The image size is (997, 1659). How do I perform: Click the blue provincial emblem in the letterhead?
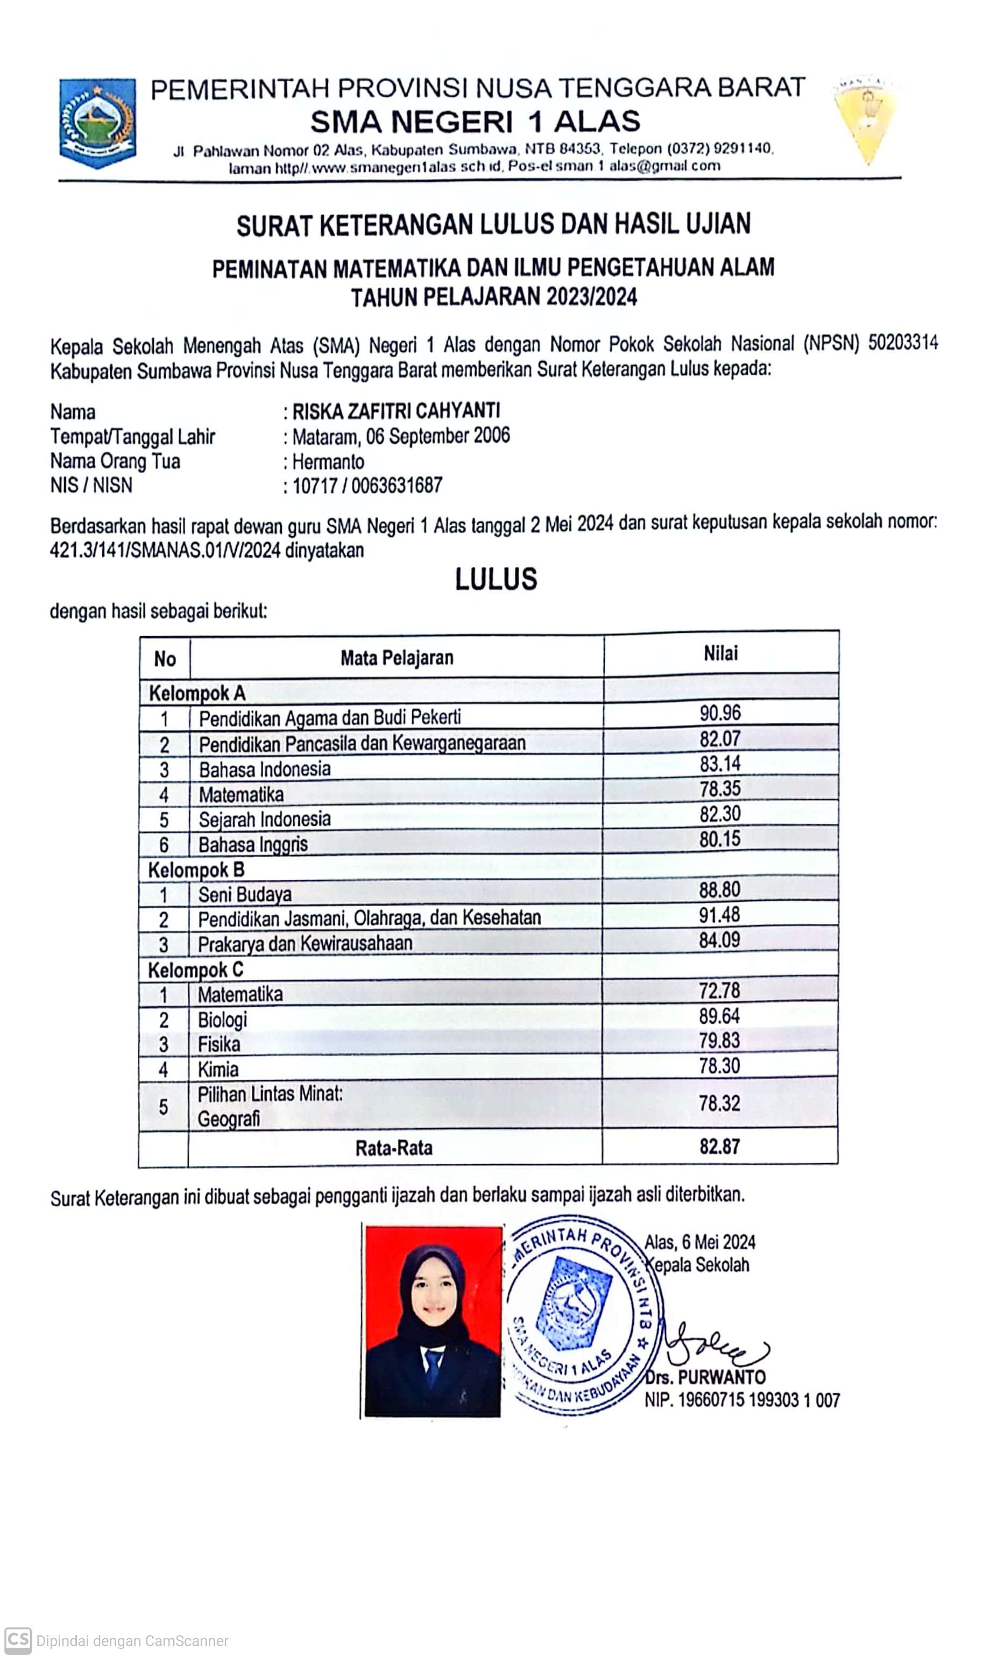coord(98,122)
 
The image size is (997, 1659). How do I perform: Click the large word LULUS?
coord(496,579)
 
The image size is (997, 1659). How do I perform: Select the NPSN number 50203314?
coord(903,343)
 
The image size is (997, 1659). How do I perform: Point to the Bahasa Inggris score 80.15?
coord(719,839)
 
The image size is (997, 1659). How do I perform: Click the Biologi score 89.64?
coord(719,1016)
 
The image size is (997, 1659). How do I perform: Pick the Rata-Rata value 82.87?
coord(719,1146)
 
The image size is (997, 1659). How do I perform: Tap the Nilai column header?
coord(720,653)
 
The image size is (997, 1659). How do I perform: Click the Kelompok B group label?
coord(196,870)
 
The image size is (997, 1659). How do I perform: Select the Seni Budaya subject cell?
coord(245,894)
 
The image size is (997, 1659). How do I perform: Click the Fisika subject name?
coord(218,1044)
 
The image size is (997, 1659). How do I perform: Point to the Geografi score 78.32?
coord(719,1103)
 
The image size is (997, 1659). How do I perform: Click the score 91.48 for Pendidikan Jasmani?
coord(719,914)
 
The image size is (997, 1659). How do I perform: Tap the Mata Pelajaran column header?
coord(397,658)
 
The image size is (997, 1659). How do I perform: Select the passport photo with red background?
coord(433,1321)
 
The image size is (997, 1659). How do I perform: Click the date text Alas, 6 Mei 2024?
coord(699,1242)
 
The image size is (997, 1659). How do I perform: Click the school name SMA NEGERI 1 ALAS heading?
coord(475,122)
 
